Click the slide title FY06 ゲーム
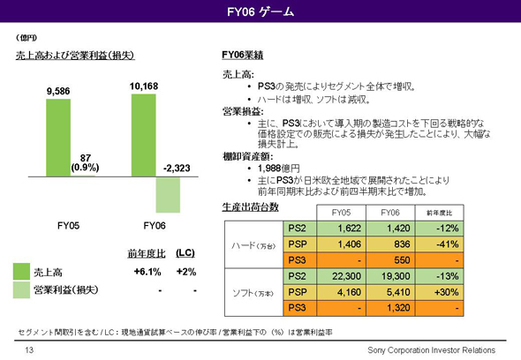click(x=260, y=12)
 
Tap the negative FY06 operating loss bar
click(x=167, y=193)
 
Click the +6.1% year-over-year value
click(x=146, y=272)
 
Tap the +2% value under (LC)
click(x=186, y=272)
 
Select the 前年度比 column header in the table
click(x=440, y=213)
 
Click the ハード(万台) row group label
click(x=251, y=244)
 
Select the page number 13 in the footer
click(x=29, y=350)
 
